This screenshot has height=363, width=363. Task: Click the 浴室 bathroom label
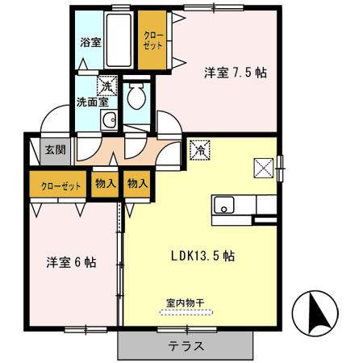coord(90,42)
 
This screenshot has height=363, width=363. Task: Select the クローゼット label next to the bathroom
coord(152,40)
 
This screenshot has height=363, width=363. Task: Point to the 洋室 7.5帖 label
coord(234,72)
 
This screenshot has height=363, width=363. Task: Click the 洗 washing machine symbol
coord(105,84)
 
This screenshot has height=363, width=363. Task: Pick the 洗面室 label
coord(92,102)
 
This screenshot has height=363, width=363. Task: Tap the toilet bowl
coord(136,98)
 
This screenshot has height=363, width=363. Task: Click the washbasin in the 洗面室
coord(107,121)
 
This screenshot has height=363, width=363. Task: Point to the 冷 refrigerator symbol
coord(199,149)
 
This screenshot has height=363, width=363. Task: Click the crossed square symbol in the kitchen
coord(264,167)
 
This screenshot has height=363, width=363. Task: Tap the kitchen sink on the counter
coord(223,204)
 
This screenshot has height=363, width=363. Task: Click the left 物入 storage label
coord(105,184)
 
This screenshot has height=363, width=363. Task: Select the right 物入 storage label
coord(137,184)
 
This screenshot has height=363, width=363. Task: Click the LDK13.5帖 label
coord(202,257)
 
